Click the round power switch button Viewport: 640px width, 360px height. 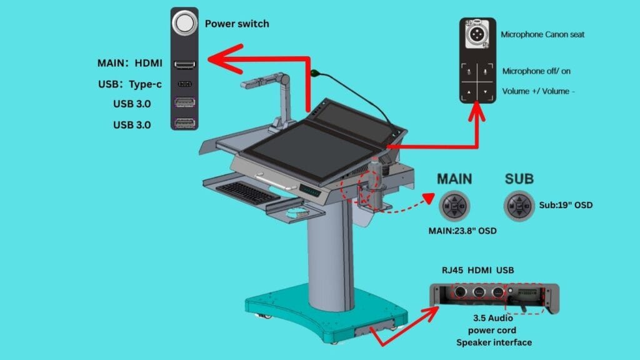click(x=184, y=24)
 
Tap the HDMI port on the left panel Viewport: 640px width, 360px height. click(x=184, y=64)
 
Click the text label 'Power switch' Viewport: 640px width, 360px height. click(x=237, y=24)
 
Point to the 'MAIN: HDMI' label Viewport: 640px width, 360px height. click(x=130, y=64)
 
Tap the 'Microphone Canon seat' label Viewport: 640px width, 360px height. click(x=542, y=35)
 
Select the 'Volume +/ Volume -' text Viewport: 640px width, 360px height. click(x=538, y=91)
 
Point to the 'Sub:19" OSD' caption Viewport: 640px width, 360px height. click(x=566, y=204)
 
